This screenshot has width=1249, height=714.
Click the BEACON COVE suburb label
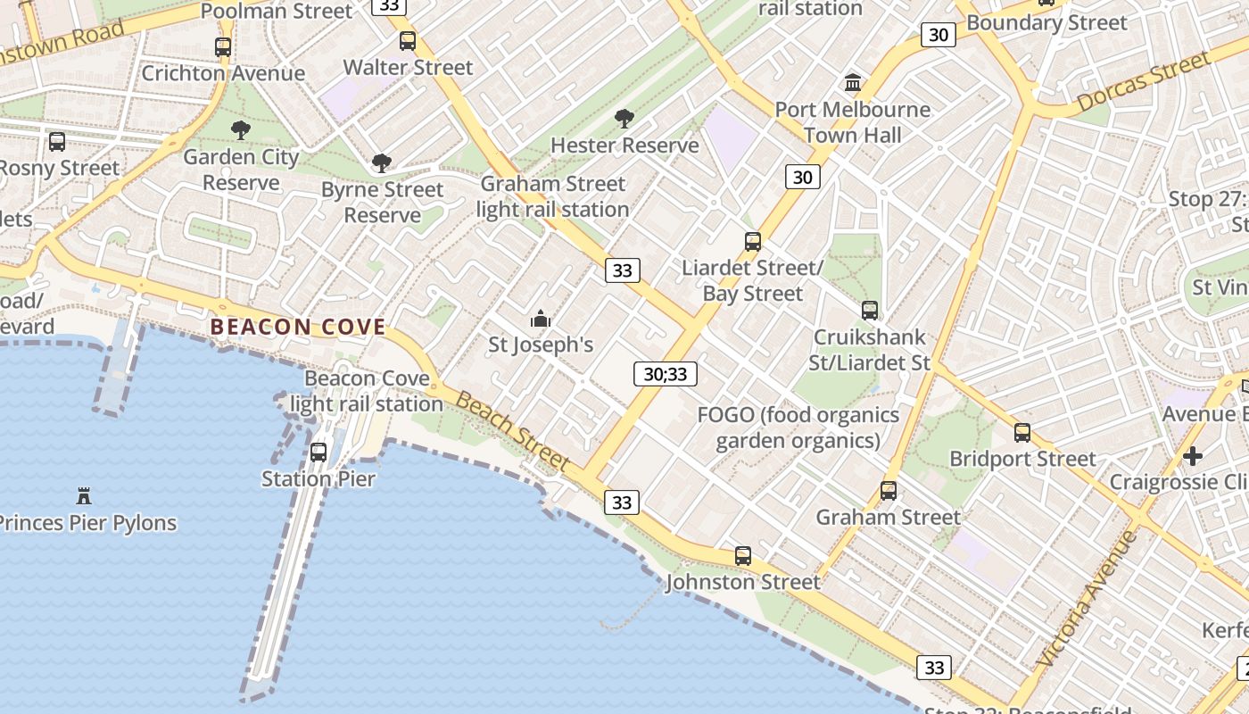pos(298,327)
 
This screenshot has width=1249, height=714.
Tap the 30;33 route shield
pos(666,374)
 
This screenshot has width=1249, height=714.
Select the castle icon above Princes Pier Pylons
pos(84,495)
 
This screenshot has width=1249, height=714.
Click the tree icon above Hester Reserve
pos(624,118)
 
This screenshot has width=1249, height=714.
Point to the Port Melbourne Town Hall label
pos(852,122)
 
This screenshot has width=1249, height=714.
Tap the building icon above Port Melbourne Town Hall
pos(853,83)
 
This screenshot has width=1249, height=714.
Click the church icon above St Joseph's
pos(541,319)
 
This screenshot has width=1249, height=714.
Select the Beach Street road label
pos(511,430)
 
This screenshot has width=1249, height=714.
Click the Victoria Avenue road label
pos(1088,599)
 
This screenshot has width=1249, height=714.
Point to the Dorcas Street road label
pos(1143,82)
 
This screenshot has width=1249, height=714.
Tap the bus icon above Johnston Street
pos(743,556)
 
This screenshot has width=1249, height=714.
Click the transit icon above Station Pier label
pos(318,452)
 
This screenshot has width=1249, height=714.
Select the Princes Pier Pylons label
pos(86,522)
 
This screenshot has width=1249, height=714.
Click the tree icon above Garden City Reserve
pos(240,130)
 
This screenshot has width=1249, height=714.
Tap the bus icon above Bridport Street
pos(1022,433)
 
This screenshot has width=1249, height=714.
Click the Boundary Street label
pos(1046,22)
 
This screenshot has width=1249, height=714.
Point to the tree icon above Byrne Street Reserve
pos(382,163)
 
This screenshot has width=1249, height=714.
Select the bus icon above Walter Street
pos(408,40)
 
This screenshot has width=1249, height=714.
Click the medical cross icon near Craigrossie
pos(1193,456)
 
